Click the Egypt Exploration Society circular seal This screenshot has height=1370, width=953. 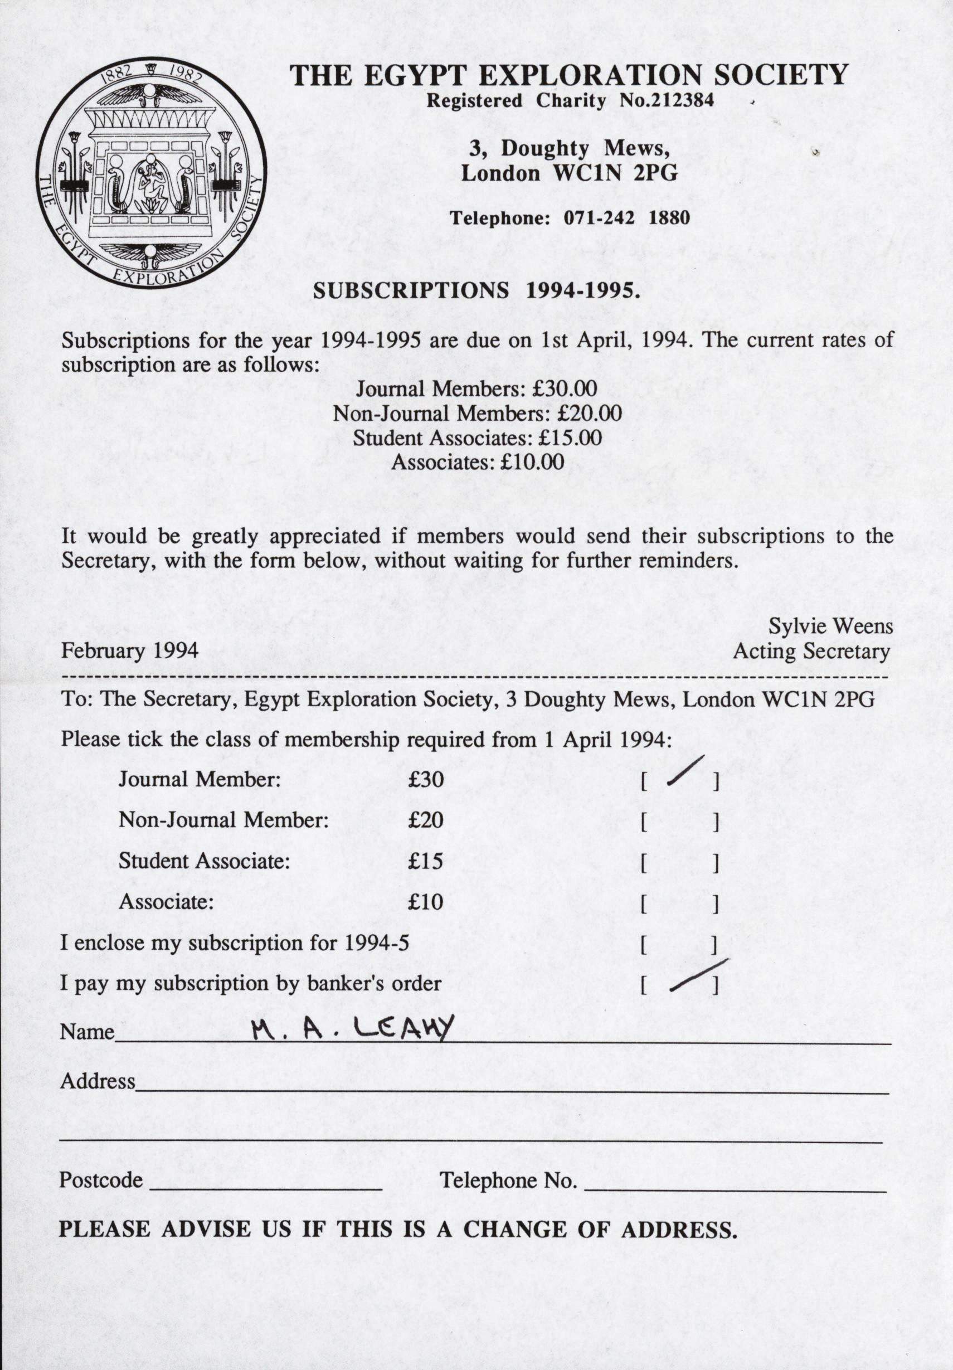click(x=151, y=173)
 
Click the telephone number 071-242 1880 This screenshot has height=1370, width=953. click(x=626, y=218)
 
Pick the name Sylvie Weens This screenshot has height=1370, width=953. click(x=830, y=626)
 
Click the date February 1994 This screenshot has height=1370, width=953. click(x=129, y=650)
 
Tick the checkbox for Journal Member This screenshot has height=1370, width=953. click(x=680, y=780)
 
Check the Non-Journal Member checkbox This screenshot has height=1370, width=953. click(x=680, y=822)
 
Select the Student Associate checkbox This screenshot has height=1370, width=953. click(x=680, y=863)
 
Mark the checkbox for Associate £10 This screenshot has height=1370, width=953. click(x=680, y=903)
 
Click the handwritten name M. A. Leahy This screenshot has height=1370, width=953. click(x=353, y=1028)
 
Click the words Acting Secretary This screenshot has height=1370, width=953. click(x=811, y=651)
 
